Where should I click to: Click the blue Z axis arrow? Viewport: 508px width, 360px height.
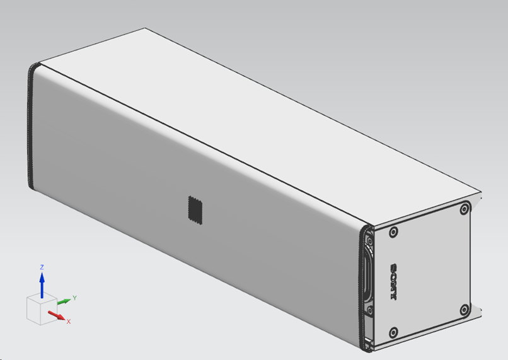coord(42,285)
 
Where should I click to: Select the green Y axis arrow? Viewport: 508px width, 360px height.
coord(64,301)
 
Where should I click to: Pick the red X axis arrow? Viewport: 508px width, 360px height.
coord(57,315)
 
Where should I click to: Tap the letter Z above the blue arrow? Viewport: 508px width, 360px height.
coord(42,267)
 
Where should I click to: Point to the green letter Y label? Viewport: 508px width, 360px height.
coord(74,298)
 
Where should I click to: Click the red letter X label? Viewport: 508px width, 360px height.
coord(68,322)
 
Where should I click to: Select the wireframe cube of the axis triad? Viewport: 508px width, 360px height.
coord(42,308)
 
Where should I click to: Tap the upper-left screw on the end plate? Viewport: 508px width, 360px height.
coord(393,232)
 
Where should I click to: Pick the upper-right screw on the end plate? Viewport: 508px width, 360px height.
coord(465,209)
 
